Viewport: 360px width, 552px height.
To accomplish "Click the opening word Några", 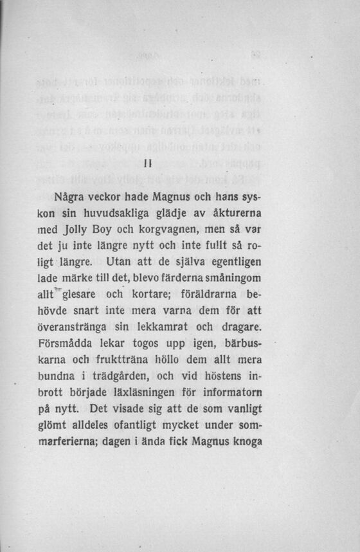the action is [x=70, y=195].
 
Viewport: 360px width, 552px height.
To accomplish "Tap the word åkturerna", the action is [x=234, y=212].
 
